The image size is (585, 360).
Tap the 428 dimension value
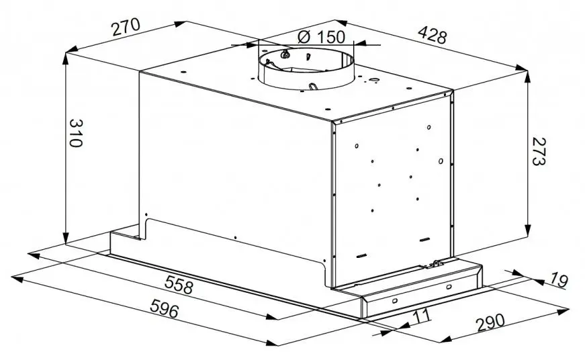[x=432, y=35]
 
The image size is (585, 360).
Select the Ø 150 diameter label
[x=321, y=37]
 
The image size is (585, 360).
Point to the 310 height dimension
[x=75, y=133]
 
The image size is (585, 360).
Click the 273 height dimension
[x=539, y=151]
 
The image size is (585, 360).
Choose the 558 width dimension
[x=179, y=285]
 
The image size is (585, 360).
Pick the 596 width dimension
[x=164, y=308]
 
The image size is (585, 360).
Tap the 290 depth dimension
[x=490, y=322]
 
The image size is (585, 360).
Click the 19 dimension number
[x=559, y=280]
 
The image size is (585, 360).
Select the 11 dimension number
[x=422, y=316]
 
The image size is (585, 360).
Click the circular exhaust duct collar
[x=306, y=69]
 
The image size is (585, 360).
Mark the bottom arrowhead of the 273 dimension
[x=527, y=230]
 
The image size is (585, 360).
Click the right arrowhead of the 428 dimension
[x=521, y=68]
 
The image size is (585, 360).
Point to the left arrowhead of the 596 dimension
[x=18, y=278]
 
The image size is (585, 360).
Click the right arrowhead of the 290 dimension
[x=563, y=310]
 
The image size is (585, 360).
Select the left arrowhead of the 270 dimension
[x=72, y=50]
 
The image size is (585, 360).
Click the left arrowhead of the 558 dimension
[x=34, y=255]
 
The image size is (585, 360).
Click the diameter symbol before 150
[x=304, y=37]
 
